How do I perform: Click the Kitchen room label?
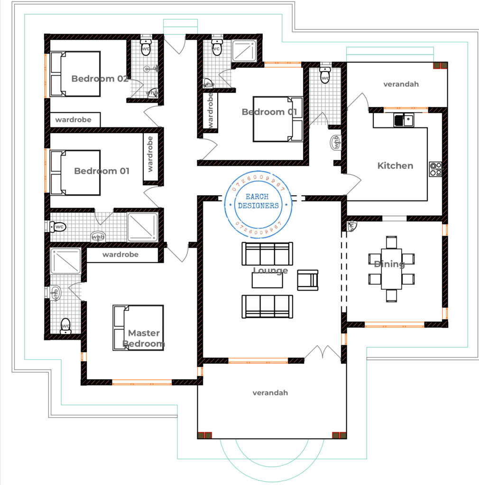395,166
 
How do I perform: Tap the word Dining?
389,264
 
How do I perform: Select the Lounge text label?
270,271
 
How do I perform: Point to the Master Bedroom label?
144,339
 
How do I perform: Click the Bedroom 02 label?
100,79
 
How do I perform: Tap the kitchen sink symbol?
403,120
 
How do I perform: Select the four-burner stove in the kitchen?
435,169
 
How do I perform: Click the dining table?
391,269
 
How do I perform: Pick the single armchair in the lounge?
307,279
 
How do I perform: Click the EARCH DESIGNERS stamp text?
258,201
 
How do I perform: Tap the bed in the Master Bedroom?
138,327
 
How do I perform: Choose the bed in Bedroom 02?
75,74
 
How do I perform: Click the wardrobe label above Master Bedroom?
120,255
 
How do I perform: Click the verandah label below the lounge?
270,393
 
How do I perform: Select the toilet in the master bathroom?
66,326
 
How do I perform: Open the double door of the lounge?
322,353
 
